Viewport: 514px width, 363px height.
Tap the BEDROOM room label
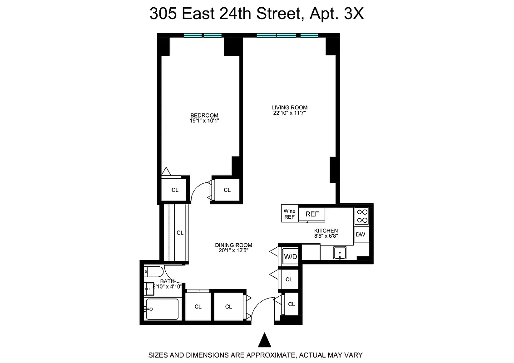click(x=204, y=115)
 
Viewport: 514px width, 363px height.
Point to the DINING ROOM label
click(x=233, y=245)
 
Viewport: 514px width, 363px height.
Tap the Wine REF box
click(x=289, y=214)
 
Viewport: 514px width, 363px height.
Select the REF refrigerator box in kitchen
click(x=312, y=214)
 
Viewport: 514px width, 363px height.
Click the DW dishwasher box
click(x=361, y=235)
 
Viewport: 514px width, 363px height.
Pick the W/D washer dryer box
click(x=290, y=257)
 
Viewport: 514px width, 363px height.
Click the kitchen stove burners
click(x=361, y=216)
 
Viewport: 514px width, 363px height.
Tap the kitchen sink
click(x=340, y=252)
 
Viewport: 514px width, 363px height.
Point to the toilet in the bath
click(x=153, y=272)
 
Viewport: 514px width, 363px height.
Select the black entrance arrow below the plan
click(x=264, y=340)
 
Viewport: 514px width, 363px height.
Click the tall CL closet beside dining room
click(x=180, y=233)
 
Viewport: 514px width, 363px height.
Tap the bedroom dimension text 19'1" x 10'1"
click(x=204, y=121)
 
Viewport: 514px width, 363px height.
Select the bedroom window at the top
click(x=203, y=35)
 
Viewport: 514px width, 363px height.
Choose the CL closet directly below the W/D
click(x=289, y=280)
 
